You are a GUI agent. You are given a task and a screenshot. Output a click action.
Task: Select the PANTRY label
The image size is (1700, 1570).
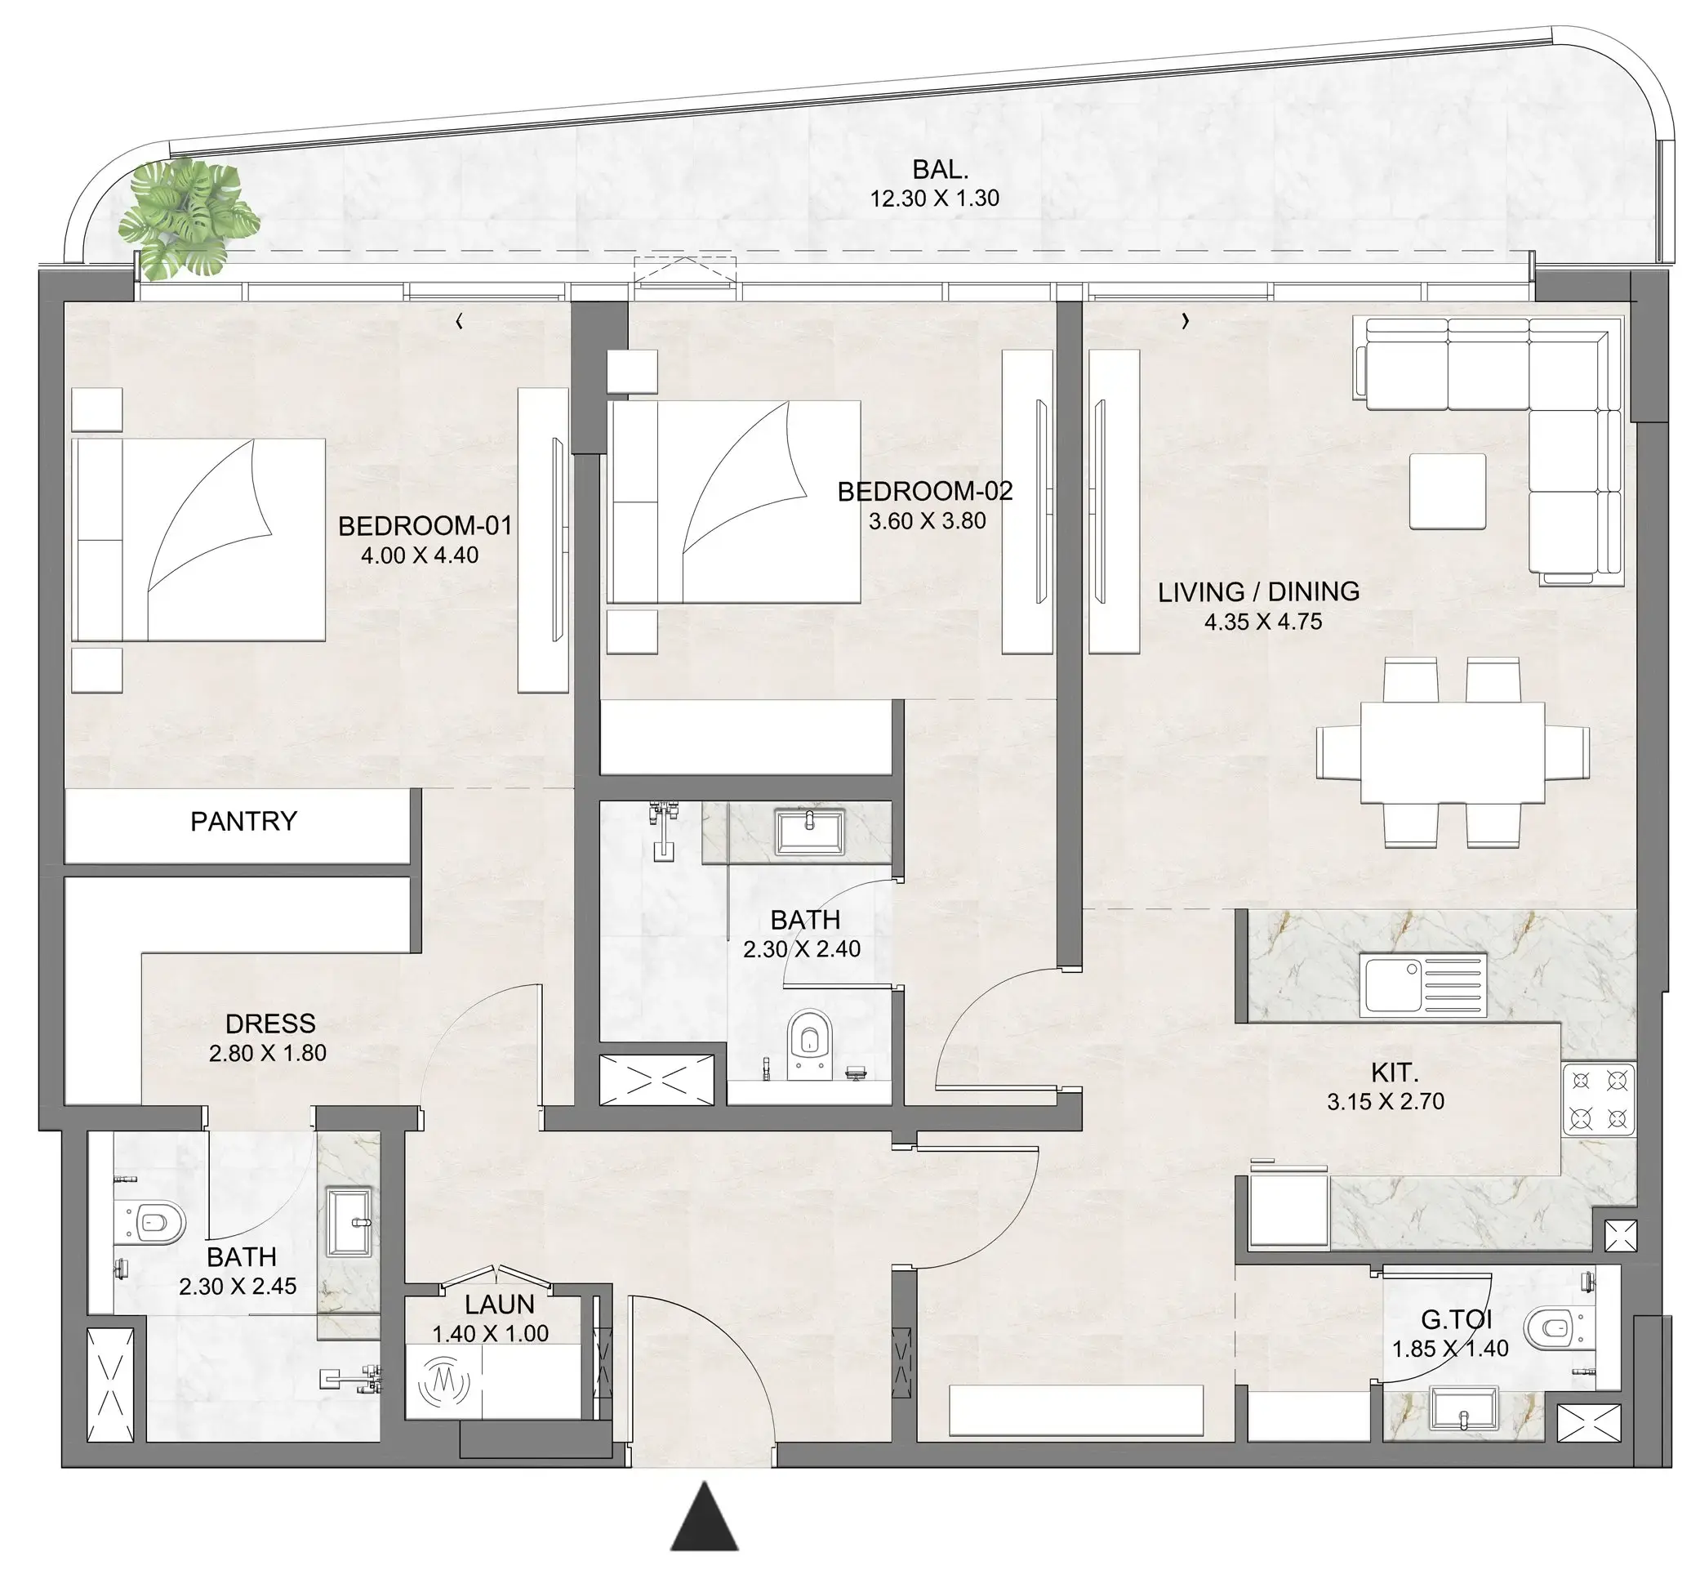243,822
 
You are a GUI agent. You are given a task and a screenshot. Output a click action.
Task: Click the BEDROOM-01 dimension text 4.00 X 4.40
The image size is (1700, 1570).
420,555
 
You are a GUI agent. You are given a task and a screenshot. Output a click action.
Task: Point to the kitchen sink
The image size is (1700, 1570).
1423,985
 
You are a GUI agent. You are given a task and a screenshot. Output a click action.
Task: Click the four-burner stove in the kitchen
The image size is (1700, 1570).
1599,1101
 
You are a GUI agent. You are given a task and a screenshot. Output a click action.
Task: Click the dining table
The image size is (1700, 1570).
1452,752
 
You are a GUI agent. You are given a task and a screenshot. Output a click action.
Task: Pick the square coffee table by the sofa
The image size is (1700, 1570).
1448,492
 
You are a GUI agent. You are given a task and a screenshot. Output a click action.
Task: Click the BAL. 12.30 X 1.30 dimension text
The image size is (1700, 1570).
934,198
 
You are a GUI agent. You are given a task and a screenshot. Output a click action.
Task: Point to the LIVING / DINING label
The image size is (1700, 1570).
1258,592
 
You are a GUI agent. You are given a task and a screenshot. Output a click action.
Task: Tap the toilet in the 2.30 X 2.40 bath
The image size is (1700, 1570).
809,1041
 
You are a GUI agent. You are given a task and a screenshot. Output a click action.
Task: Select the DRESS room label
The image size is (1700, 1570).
270,1024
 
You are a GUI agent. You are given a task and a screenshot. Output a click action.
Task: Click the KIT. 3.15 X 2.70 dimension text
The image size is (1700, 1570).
1385,1102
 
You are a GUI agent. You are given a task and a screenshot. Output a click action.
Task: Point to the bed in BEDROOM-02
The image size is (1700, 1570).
734,502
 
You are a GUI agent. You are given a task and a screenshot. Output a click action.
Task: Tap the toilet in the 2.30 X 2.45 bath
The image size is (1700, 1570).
155,1223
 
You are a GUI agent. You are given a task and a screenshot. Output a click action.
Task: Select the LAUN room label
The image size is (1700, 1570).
499,1304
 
